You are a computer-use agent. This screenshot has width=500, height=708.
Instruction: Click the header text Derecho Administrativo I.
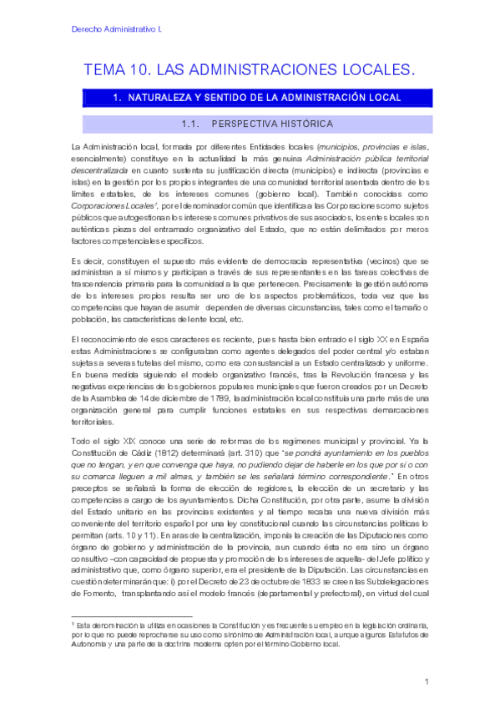114,29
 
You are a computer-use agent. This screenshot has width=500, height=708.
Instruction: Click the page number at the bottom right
426,681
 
